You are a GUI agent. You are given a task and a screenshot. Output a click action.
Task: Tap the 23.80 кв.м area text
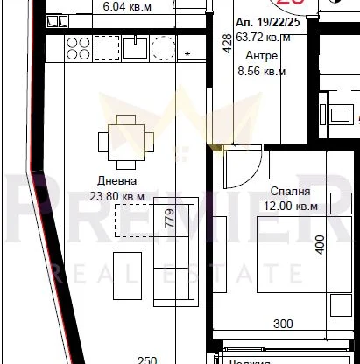[116, 196]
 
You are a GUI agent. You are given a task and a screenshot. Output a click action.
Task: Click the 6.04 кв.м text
[127, 6]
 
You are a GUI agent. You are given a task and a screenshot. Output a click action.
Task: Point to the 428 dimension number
[227, 43]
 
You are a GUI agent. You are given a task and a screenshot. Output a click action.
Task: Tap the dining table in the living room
[119, 140]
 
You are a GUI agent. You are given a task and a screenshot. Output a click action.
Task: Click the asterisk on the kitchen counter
[188, 55]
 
